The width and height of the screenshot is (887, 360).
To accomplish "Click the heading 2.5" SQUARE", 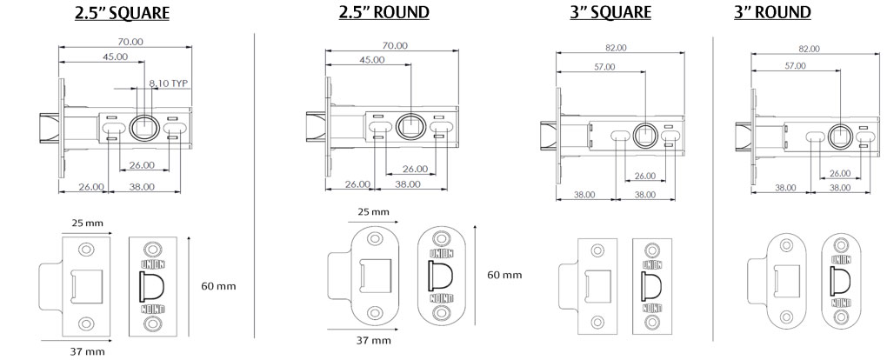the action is [123, 13].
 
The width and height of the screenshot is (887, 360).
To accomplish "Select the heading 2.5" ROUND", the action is [384, 12].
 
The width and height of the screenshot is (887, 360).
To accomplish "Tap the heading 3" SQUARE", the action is [610, 12].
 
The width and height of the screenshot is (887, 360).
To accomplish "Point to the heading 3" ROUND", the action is [772, 12].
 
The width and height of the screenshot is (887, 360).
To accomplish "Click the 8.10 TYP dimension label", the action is [168, 83].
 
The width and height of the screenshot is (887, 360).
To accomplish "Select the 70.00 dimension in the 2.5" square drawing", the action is [130, 42].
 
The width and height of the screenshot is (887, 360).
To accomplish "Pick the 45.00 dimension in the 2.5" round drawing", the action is [372, 59].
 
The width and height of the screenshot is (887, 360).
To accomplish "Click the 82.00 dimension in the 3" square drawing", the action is [615, 48].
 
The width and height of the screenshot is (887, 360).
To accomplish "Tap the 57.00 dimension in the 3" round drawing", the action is [795, 66].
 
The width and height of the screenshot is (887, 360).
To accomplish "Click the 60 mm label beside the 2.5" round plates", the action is [504, 275].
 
